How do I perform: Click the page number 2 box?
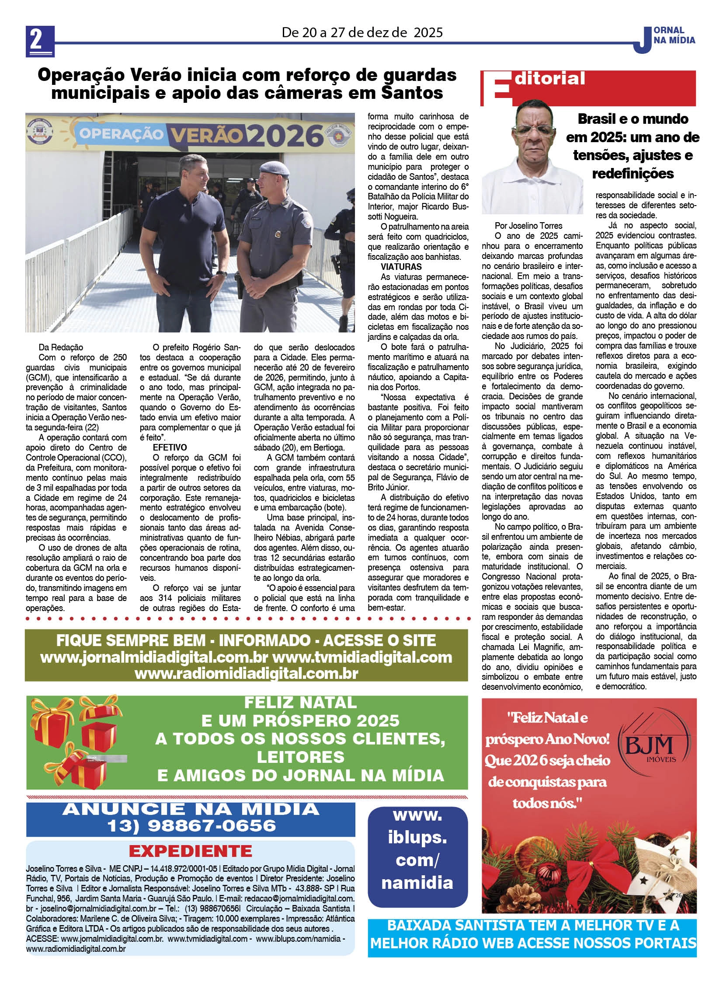coord(40,41)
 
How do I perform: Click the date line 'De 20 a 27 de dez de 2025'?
coord(362,32)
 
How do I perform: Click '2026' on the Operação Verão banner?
coord(286,136)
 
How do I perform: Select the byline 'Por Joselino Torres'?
coord(528,226)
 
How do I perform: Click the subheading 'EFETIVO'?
coord(170,447)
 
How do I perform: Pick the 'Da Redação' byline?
coord(61,347)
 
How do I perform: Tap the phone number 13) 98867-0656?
coord(191,826)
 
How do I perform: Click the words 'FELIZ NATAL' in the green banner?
coord(300,702)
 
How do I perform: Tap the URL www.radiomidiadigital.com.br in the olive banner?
coord(247,674)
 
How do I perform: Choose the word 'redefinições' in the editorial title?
coord(633,174)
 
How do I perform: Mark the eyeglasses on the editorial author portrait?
coord(532,130)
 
